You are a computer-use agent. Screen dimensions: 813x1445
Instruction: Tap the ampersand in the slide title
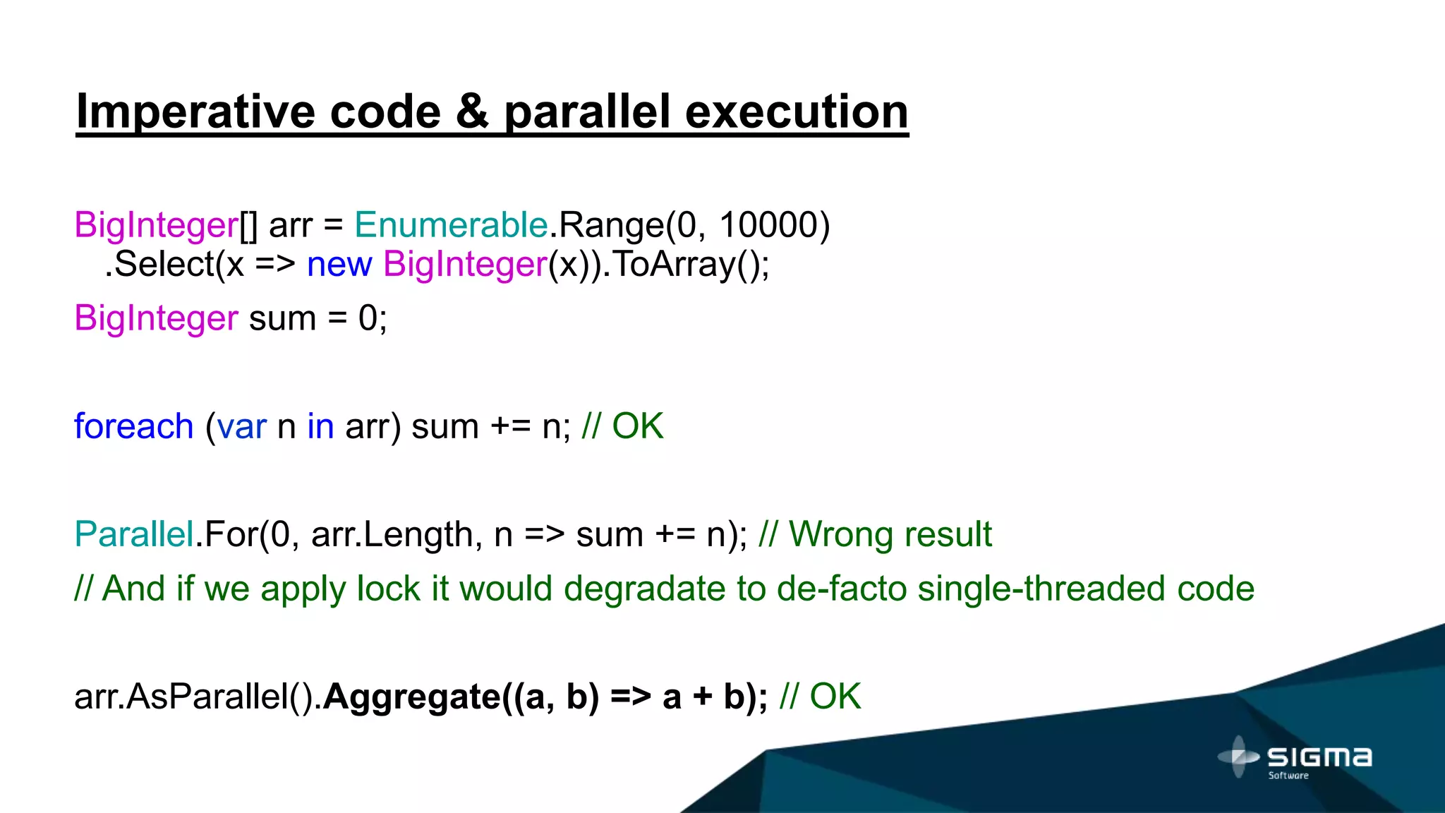coord(473,113)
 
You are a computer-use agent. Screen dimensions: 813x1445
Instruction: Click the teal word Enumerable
coord(451,226)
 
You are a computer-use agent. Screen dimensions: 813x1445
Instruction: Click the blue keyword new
coord(339,265)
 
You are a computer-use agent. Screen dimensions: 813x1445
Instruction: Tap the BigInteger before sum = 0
coord(156,318)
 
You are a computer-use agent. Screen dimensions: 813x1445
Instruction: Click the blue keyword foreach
coord(133,427)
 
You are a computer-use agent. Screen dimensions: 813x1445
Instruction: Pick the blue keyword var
coord(241,427)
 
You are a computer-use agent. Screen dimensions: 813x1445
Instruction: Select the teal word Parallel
coord(133,534)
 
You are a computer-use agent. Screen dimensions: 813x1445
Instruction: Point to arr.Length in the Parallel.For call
coord(392,535)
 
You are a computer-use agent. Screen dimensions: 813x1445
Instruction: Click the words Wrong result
coord(890,534)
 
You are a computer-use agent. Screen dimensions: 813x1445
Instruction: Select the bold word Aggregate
coord(411,697)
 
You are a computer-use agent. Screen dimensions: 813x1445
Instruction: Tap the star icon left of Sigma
coord(1238,757)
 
